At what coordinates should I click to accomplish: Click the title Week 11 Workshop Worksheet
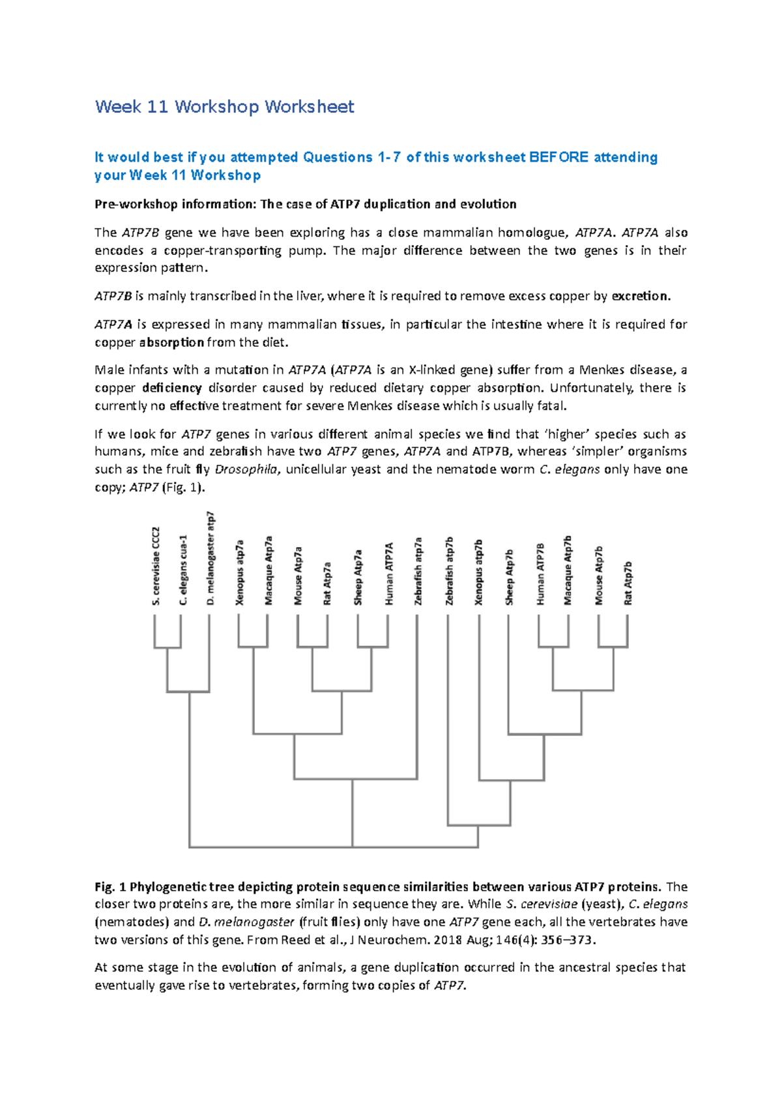pyautogui.click(x=224, y=107)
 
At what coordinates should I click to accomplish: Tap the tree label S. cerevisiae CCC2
pyautogui.click(x=156, y=565)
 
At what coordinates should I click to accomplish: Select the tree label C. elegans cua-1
pyautogui.click(x=184, y=569)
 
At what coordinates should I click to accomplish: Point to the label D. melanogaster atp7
pyautogui.click(x=210, y=558)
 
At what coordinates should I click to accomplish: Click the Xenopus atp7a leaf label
pyautogui.click(x=240, y=572)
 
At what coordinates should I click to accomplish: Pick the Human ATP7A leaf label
pyautogui.click(x=389, y=574)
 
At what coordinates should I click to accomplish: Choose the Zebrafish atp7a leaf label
pyautogui.click(x=418, y=571)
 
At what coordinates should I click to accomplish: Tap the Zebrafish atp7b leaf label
pyautogui.click(x=449, y=571)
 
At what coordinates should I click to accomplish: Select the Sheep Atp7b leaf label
pyautogui.click(x=510, y=577)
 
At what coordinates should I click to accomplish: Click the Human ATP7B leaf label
pyautogui.click(x=540, y=574)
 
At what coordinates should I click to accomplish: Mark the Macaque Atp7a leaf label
pyautogui.click(x=268, y=570)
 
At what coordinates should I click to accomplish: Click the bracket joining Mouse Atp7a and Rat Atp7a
pyautogui.click(x=312, y=647)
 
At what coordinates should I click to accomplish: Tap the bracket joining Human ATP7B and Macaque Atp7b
pyautogui.click(x=553, y=647)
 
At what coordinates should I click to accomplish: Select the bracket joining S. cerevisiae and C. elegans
pyautogui.click(x=167, y=647)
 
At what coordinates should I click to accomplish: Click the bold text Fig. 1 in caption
pyautogui.click(x=110, y=887)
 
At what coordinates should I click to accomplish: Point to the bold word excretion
pyautogui.click(x=641, y=296)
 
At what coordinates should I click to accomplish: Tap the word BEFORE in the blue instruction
pyautogui.click(x=558, y=157)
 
